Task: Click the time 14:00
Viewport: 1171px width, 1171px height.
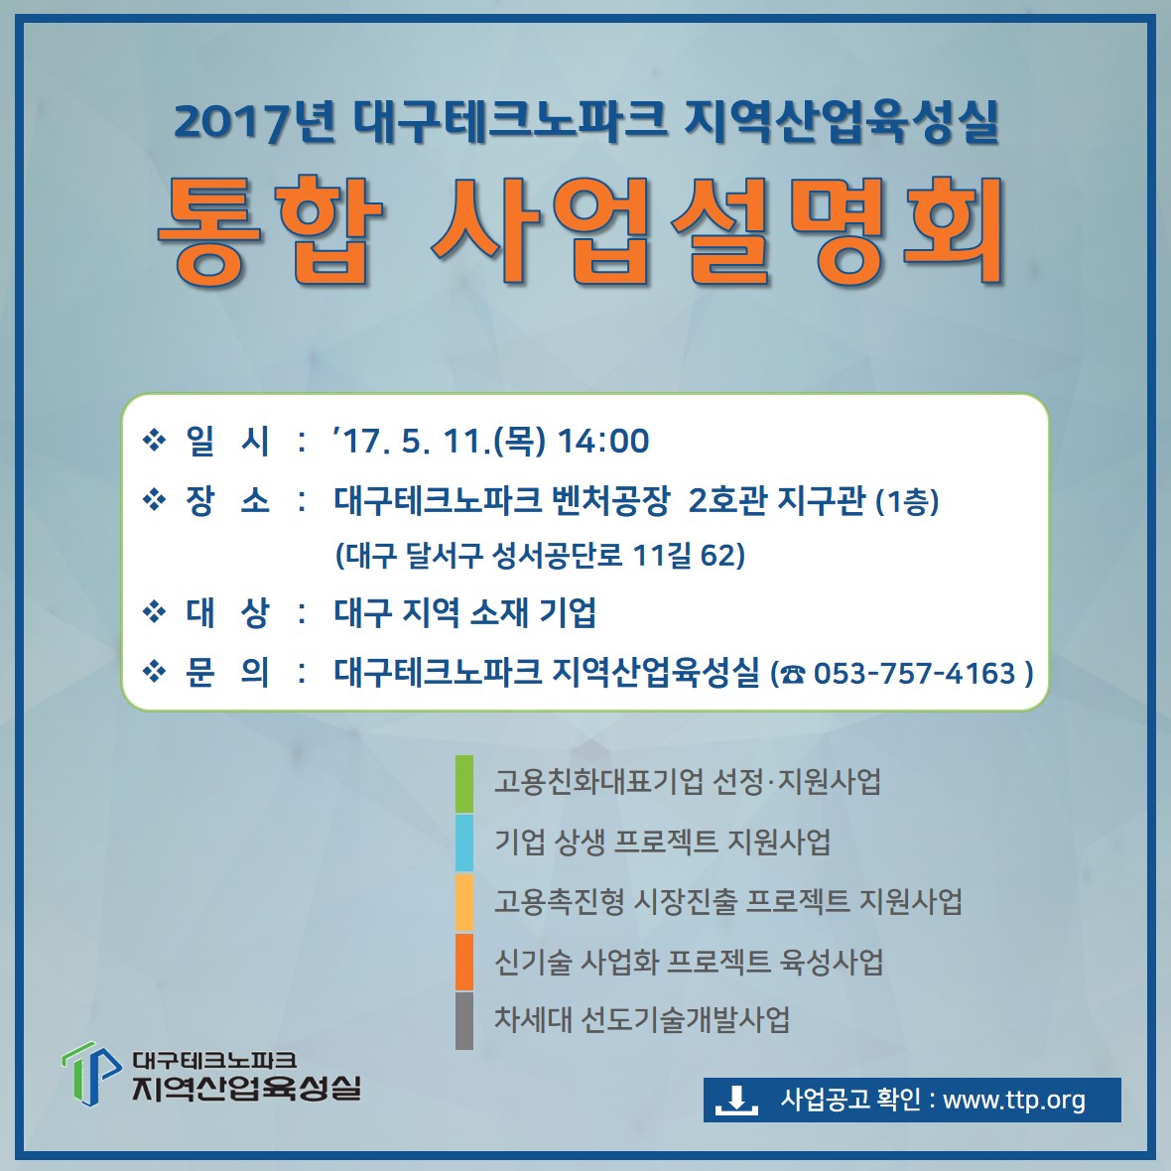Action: click(603, 441)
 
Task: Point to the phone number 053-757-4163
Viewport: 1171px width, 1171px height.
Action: click(914, 673)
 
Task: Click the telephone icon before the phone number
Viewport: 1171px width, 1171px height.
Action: click(793, 675)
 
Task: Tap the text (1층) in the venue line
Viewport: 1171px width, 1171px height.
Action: click(907, 501)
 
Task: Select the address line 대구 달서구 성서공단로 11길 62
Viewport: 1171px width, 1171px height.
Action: click(540, 555)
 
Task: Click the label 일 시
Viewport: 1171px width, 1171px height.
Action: click(227, 441)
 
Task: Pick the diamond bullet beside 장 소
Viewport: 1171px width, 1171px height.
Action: click(154, 499)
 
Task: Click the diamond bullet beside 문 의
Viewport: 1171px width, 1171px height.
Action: click(154, 672)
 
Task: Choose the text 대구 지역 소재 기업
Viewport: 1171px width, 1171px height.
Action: click(464, 613)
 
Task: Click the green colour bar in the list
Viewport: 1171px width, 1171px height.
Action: click(464, 783)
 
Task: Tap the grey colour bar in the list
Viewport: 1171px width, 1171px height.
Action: click(464, 1021)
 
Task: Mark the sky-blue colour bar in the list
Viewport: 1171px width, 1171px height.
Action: click(464, 843)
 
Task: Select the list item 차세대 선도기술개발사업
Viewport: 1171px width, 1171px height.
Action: click(641, 1019)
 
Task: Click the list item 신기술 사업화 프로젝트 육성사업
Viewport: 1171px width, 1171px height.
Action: click(689, 962)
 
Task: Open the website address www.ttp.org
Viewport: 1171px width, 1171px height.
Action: click(1014, 1101)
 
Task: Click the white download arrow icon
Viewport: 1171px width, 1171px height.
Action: click(736, 1101)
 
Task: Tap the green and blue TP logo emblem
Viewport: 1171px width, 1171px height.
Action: click(91, 1073)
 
